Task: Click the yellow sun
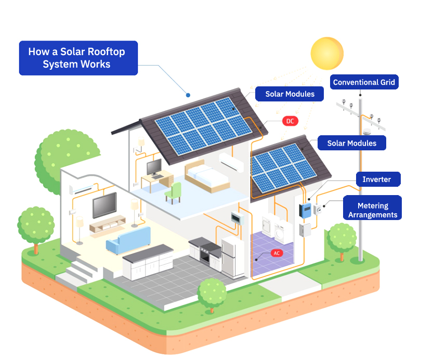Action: coord(327,52)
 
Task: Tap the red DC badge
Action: coord(290,121)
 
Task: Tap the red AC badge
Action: coord(278,253)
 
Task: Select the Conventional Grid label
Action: coord(364,82)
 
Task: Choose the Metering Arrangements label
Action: coord(372,210)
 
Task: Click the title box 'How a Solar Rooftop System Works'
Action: coord(78,58)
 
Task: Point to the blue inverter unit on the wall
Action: coord(305,210)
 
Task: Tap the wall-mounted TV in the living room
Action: coord(104,205)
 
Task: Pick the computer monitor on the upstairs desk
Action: coord(154,168)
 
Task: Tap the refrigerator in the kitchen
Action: coord(233,257)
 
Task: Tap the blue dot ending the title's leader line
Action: coord(188,95)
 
